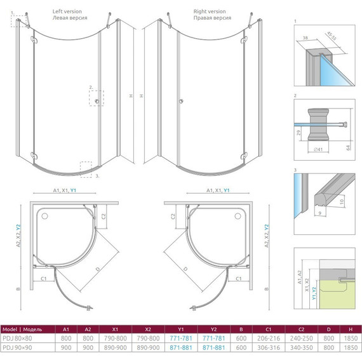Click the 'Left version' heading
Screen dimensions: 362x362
(67, 11)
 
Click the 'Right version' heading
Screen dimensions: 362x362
(210, 11)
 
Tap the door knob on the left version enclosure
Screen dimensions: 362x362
(97, 101)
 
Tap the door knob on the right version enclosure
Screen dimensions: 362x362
(181, 101)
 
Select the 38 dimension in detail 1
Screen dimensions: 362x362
(305, 37)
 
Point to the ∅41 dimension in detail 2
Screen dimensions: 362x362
(318, 149)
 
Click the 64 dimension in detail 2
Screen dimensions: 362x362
(349, 147)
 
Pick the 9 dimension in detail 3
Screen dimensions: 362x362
(319, 213)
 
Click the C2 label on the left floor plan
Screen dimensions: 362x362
(103, 217)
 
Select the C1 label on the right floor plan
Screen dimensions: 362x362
(239, 279)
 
